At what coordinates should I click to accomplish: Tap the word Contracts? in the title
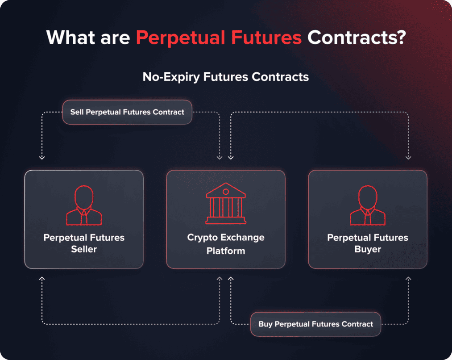click(x=356, y=38)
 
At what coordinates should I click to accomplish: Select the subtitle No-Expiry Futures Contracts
click(x=226, y=77)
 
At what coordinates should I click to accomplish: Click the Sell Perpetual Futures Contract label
click(x=127, y=112)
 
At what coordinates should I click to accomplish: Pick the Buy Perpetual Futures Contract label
click(x=315, y=324)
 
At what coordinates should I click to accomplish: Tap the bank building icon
click(x=226, y=205)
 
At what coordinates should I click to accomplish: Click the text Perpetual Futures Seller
click(x=84, y=243)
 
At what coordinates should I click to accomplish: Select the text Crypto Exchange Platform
click(x=226, y=244)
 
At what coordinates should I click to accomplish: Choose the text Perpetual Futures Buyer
click(x=368, y=243)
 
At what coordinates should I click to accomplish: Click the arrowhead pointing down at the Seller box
click(x=42, y=157)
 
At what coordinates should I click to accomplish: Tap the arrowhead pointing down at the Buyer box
click(x=408, y=157)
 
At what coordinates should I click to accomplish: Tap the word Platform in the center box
click(x=226, y=251)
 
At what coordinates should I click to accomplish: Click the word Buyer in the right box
click(x=368, y=249)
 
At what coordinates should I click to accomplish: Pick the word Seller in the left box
click(x=84, y=249)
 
